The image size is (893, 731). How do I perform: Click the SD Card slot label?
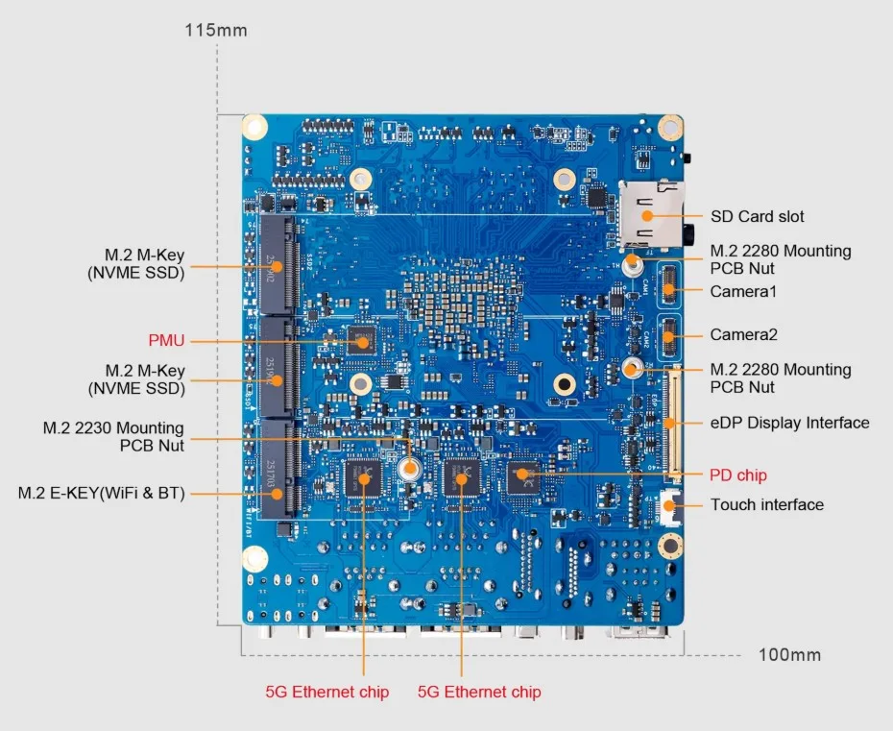[757, 217]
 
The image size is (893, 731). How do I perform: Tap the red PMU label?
[165, 340]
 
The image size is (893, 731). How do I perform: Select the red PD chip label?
[737, 475]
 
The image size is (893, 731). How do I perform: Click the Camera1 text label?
[743, 290]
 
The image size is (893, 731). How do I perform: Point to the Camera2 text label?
[743, 334]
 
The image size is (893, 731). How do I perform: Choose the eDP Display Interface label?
[788, 423]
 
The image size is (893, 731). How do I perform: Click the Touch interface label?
[766, 504]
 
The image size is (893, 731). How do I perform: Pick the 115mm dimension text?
[215, 31]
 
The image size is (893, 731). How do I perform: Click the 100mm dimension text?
[789, 655]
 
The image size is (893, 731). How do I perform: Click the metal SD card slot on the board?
[651, 211]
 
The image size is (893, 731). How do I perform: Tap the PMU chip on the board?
[363, 339]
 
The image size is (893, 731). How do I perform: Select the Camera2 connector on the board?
[668, 336]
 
